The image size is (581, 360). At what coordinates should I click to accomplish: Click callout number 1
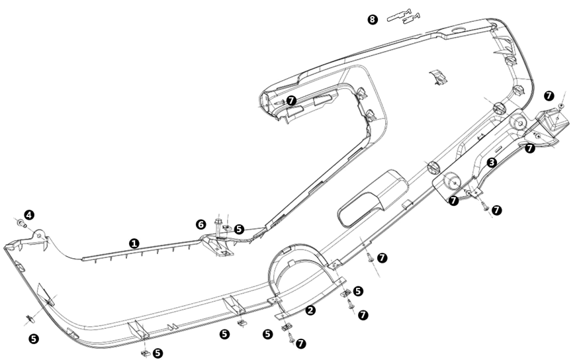134,244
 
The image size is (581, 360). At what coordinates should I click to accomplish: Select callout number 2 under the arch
310,310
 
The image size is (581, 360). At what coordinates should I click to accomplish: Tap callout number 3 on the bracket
492,162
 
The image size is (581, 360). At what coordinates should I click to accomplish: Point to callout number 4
29,214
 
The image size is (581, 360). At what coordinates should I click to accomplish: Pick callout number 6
201,225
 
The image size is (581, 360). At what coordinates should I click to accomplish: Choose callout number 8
373,19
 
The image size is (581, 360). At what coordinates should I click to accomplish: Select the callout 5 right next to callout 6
239,229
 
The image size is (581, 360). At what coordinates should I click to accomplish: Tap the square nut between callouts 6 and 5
226,228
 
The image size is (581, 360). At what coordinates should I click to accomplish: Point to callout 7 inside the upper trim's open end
292,100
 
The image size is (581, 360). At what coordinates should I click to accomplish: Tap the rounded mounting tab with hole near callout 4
40,236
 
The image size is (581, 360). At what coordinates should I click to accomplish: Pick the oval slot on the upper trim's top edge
457,31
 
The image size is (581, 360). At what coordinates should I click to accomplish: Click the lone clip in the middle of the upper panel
436,76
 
